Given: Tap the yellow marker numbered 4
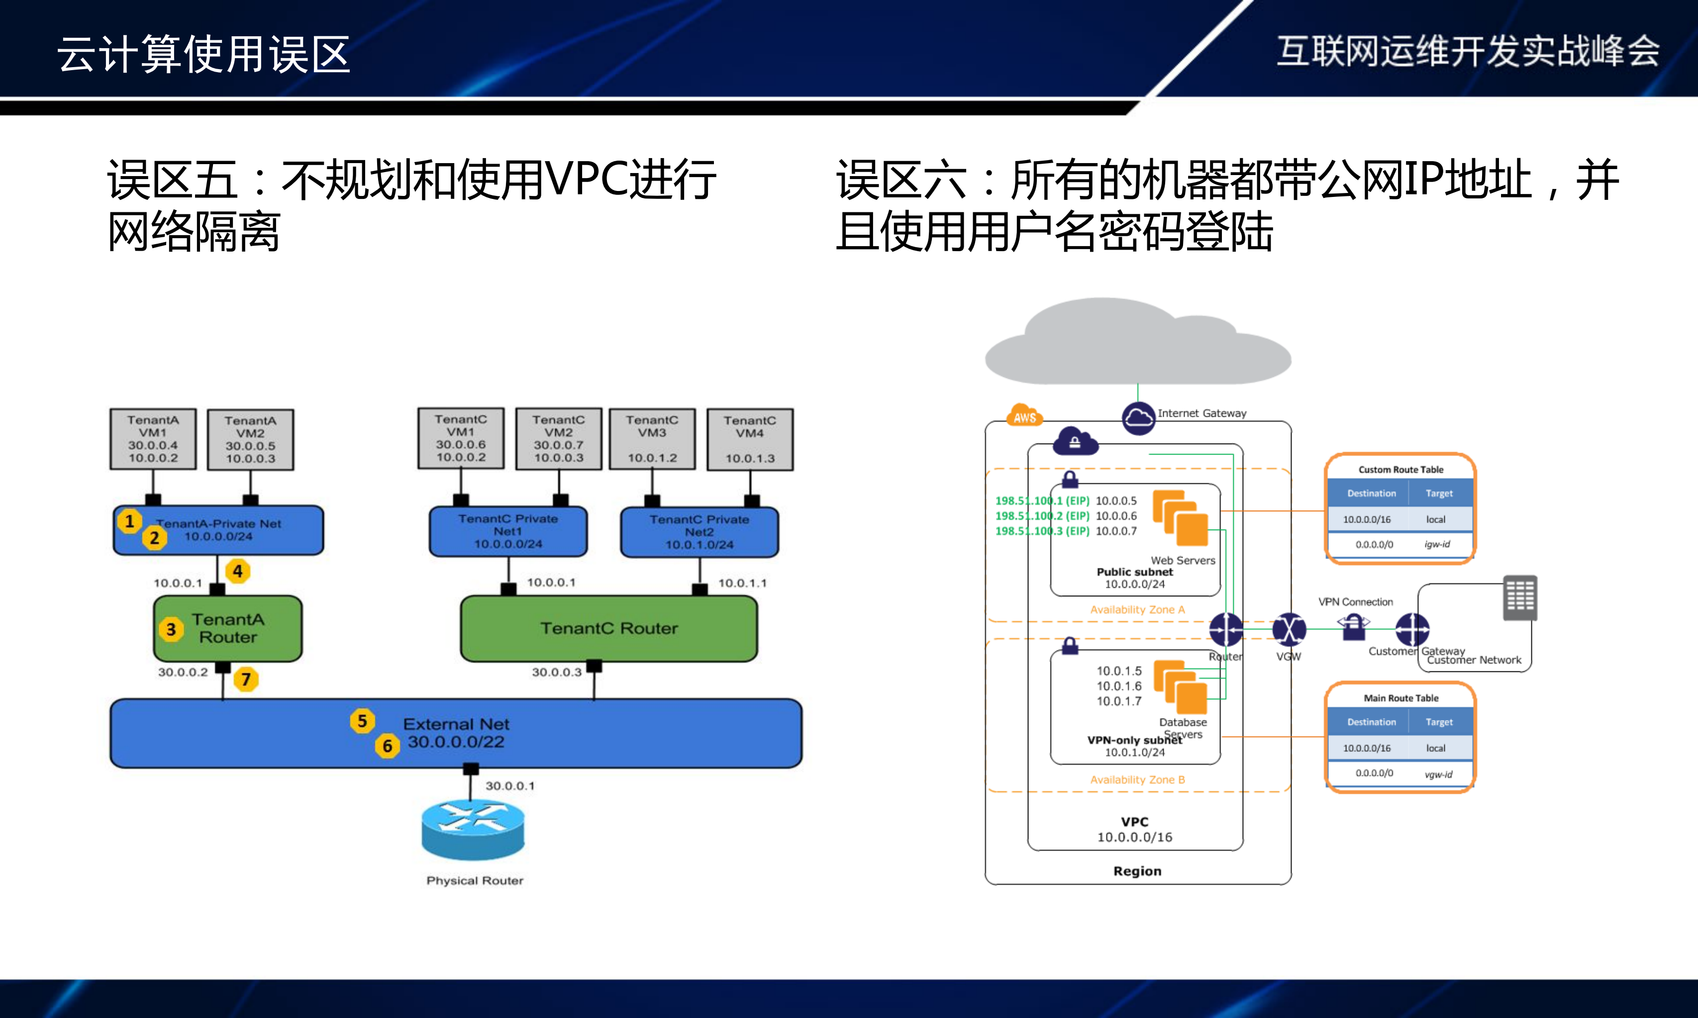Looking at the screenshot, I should click(x=237, y=571).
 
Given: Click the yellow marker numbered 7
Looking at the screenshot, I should click(x=246, y=679).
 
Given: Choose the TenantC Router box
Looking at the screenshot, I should click(x=608, y=629).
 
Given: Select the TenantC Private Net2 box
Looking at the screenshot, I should click(x=699, y=532).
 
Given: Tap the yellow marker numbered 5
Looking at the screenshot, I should click(x=362, y=721).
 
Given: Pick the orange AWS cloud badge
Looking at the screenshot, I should click(x=1024, y=416).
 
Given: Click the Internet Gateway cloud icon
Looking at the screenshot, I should click(x=1138, y=417).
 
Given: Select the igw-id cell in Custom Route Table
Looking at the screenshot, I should click(x=1437, y=544).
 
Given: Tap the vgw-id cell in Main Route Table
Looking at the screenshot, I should click(x=1438, y=774).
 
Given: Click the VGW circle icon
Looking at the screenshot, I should click(x=1289, y=629).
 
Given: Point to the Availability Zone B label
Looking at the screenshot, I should click(x=1137, y=780).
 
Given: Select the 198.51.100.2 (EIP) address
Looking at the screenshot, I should click(x=1041, y=516).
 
